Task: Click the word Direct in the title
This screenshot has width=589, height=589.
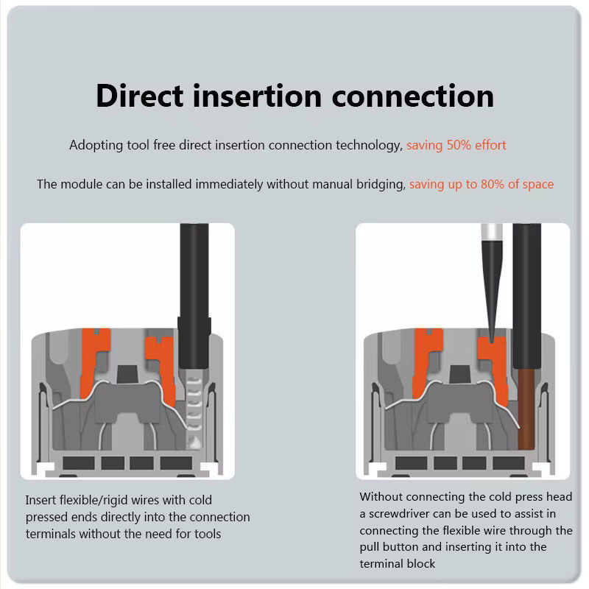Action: [139, 96]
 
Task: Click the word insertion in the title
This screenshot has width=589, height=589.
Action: [257, 96]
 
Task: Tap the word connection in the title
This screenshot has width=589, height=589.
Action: [413, 96]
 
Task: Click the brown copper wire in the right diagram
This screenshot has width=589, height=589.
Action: [526, 409]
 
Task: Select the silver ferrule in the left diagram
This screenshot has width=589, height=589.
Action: [194, 409]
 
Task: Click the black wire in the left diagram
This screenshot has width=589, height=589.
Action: [194, 296]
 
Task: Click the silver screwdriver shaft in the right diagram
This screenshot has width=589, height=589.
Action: [492, 232]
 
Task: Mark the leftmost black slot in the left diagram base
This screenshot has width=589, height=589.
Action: [79, 463]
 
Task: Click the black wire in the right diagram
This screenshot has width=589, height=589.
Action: [526, 296]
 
